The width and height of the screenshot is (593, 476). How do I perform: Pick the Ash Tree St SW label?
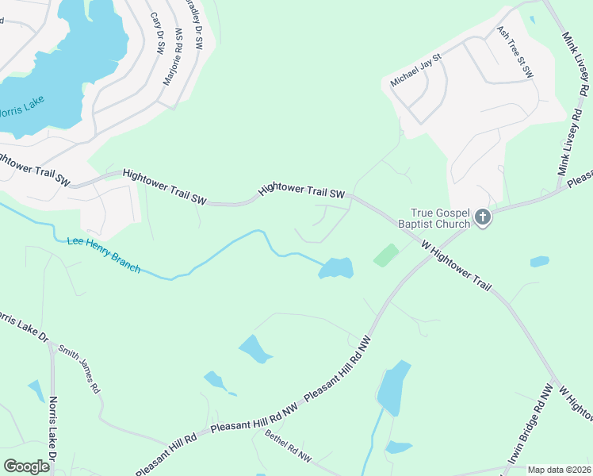coord(515,52)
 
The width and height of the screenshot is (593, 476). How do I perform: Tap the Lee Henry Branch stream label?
coord(104,255)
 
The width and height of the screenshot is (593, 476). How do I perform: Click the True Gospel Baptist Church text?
coord(441,217)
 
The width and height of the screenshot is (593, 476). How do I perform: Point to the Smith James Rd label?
coord(81,369)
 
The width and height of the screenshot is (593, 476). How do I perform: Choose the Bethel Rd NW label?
coord(289,447)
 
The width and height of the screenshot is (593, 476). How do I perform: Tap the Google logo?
coord(26,466)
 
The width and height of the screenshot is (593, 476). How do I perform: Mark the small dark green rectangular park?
coord(386,255)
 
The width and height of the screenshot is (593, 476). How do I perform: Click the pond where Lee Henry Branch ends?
coord(336,268)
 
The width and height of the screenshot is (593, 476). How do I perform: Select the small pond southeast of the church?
coord(539,261)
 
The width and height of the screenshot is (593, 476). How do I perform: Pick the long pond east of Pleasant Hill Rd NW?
coord(392,387)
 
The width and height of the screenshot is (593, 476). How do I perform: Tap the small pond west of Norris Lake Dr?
coord(36,390)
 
